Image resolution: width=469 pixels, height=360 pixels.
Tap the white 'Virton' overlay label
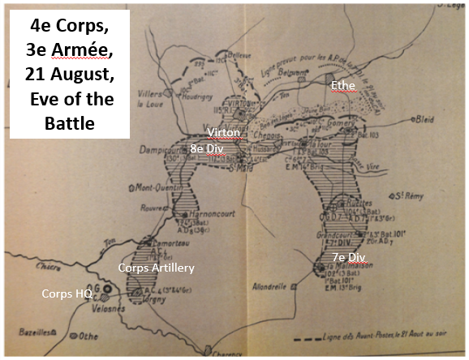pyautogui.click(x=223, y=133)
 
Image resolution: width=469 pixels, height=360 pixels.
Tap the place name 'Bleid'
pyautogui.click(x=424, y=127)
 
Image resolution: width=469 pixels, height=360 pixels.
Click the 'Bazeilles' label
pyautogui.click(x=33, y=331)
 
